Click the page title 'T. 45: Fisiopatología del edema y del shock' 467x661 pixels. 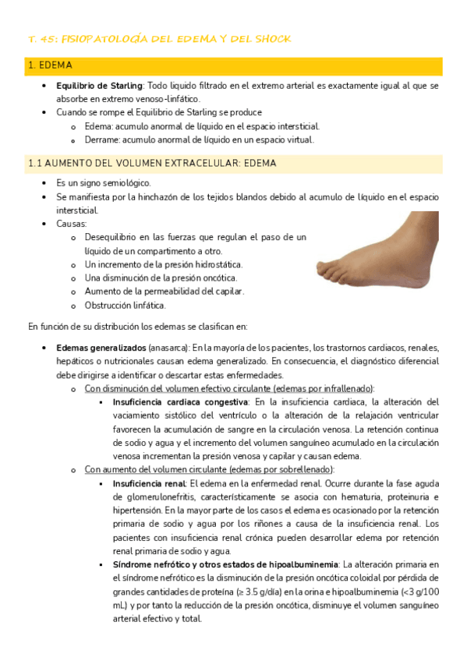(159, 39)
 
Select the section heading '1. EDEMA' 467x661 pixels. (49, 66)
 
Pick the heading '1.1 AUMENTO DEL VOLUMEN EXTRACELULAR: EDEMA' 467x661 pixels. (152, 164)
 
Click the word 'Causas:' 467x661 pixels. (72, 224)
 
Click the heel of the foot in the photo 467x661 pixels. (425, 275)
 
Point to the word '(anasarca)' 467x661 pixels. (168, 348)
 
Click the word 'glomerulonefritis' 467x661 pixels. (154, 497)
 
